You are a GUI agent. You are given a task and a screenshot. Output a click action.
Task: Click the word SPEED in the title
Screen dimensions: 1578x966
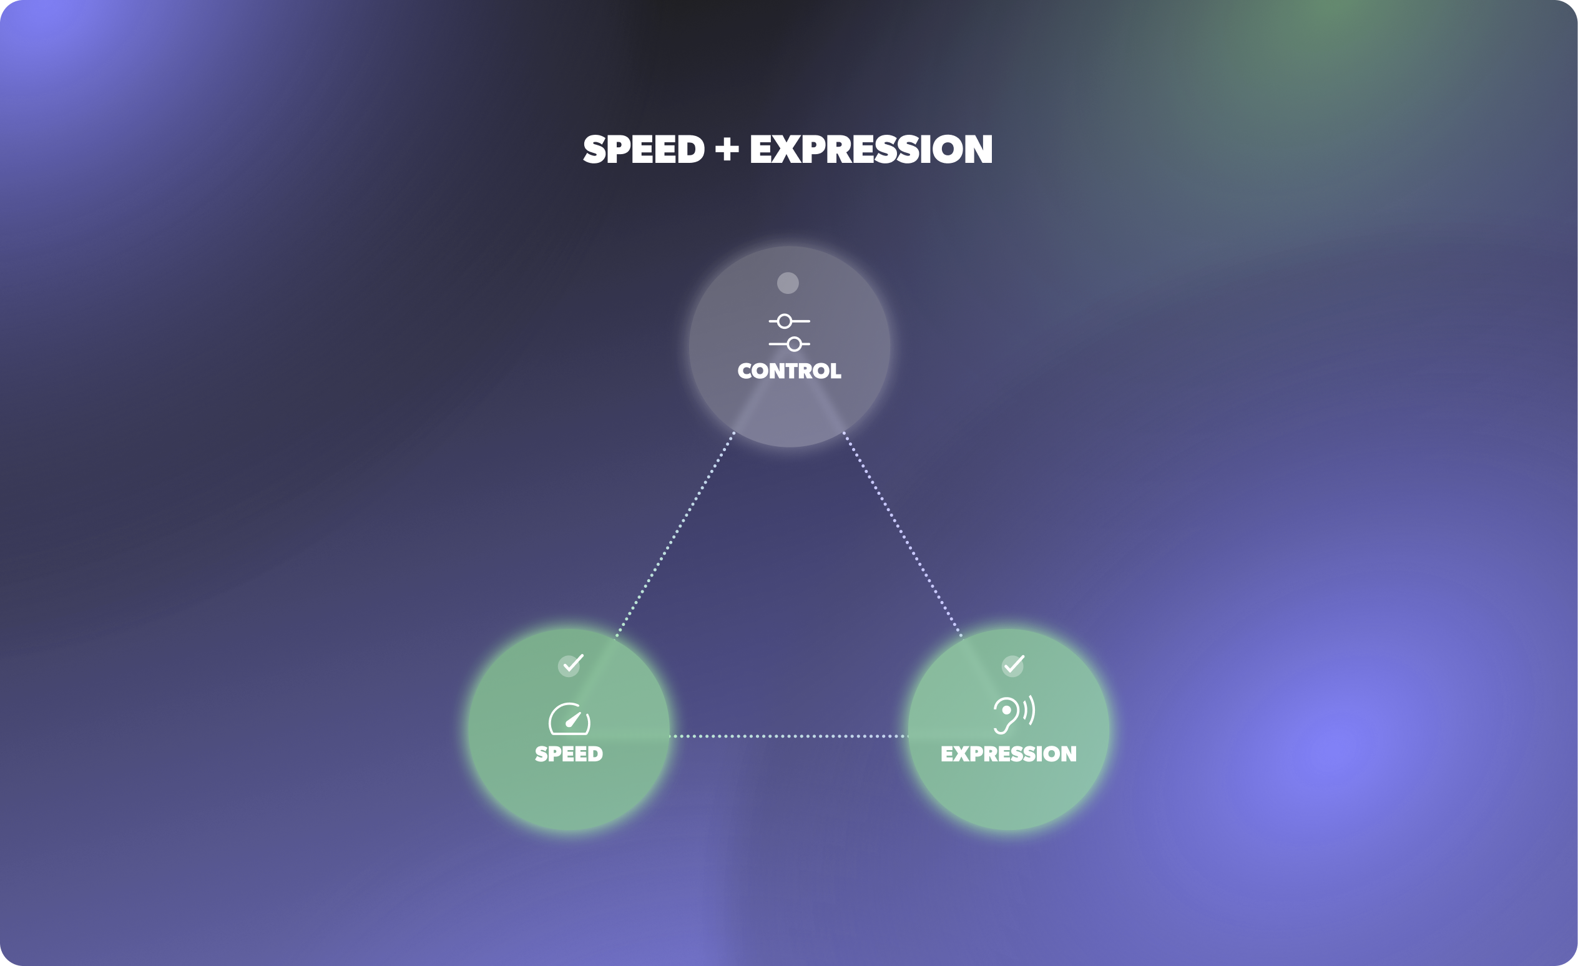[x=644, y=150]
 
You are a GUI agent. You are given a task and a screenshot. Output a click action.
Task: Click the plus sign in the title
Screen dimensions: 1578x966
[x=727, y=150]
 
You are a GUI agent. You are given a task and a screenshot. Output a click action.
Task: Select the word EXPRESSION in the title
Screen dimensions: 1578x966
[x=871, y=150]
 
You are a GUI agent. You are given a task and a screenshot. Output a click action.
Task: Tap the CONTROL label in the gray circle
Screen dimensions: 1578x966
[x=789, y=371]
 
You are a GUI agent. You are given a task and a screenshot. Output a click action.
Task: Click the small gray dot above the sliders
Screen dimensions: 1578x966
[x=788, y=283]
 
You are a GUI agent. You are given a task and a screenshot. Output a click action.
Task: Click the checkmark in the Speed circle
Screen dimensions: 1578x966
[x=570, y=665]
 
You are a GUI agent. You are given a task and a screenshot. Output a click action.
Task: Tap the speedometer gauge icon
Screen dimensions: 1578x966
[x=569, y=719]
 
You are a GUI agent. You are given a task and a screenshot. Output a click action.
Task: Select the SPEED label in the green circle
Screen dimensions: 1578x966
[x=569, y=754]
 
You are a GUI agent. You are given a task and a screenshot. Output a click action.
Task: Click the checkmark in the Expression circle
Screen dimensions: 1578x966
[x=1013, y=665]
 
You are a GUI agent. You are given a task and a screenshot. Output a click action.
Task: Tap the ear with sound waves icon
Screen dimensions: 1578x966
[x=1006, y=715]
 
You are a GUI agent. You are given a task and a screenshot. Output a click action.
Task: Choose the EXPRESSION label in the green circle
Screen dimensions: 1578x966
[x=1008, y=754]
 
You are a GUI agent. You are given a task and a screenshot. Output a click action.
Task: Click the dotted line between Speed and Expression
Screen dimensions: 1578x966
[x=789, y=736]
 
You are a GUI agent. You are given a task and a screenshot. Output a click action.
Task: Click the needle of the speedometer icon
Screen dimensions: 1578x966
[x=572, y=720]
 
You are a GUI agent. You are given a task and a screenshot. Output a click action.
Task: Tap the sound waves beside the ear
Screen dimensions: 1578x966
[x=1029, y=711]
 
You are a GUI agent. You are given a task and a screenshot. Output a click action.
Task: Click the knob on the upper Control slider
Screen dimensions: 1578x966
[x=785, y=321]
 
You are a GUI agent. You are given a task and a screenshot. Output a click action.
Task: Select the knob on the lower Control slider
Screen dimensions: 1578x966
[x=794, y=344]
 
